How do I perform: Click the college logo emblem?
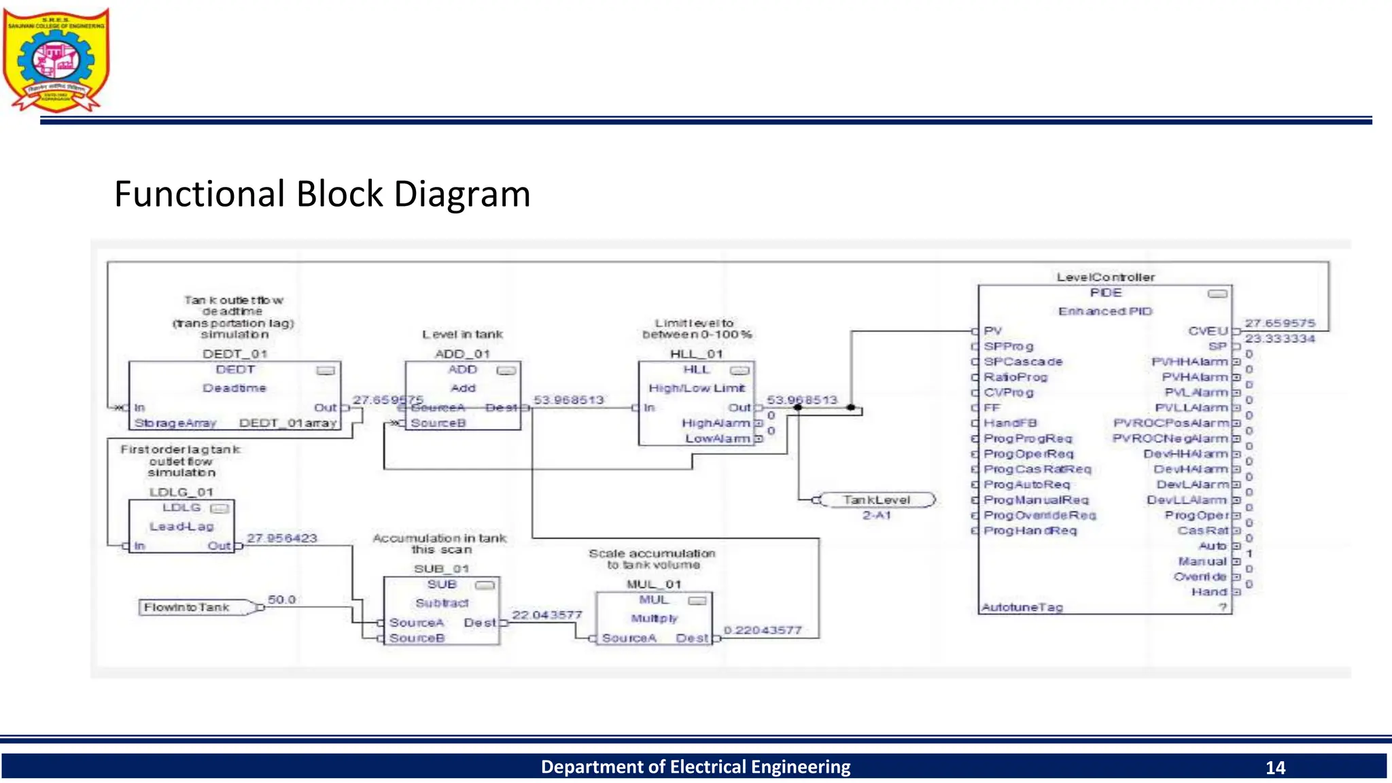coord(56,60)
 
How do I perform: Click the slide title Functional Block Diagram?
coord(322,194)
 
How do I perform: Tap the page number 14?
coord(1275,767)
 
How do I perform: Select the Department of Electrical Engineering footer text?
coord(695,767)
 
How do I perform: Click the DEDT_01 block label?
coord(234,354)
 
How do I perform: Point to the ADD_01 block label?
coord(462,354)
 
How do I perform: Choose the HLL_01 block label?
coord(696,354)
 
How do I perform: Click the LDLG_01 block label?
coord(181,492)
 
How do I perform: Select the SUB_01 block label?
coord(441,569)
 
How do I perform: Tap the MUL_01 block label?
coord(653,585)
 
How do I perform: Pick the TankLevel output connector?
coord(876,500)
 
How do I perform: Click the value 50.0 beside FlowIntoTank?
coord(281,599)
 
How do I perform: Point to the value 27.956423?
coord(281,538)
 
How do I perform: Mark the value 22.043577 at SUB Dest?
coord(546,615)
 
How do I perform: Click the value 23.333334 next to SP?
coord(1279,338)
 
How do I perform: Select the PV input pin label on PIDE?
coord(992,331)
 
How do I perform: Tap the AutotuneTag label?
coord(1022,608)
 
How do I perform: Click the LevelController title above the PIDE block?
coord(1105,277)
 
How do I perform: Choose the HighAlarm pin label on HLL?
coord(716,423)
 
